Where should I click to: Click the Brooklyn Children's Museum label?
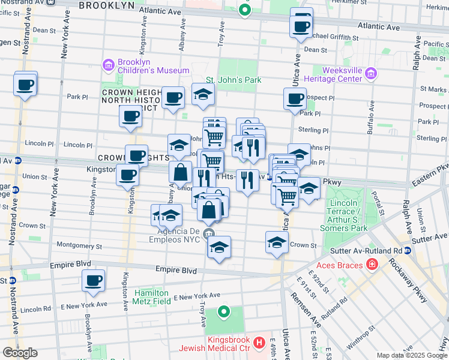(154, 66)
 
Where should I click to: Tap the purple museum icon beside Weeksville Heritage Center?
(371, 74)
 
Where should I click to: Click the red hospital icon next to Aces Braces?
(372, 264)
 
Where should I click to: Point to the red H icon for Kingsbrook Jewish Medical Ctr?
(259, 343)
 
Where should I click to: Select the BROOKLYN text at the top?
(106, 5)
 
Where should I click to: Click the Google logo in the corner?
(19, 352)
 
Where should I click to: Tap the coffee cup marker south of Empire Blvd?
(93, 280)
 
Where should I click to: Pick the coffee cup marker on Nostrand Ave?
(25, 85)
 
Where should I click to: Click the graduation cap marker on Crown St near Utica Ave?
(277, 242)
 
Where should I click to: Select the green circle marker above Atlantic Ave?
(244, 10)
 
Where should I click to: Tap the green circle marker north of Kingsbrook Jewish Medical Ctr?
(223, 311)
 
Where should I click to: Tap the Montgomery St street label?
(80, 245)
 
